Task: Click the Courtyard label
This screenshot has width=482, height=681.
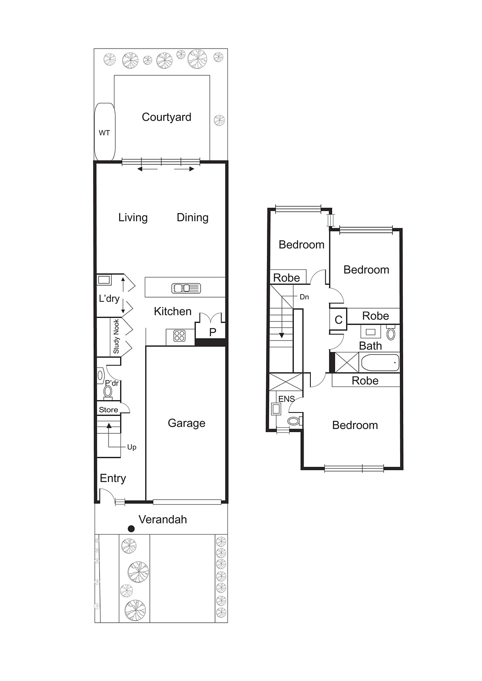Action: (x=166, y=117)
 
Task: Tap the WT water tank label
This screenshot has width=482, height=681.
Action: (x=104, y=133)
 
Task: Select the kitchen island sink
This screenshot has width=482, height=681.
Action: (x=186, y=288)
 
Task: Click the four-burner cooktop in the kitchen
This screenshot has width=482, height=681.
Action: (x=179, y=336)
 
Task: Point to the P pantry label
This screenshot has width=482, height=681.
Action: (x=212, y=332)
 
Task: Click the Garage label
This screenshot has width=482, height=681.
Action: (x=186, y=423)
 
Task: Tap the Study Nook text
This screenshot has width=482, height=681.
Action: (x=116, y=337)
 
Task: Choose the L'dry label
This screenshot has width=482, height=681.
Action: (x=109, y=298)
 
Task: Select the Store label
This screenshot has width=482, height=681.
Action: (x=109, y=410)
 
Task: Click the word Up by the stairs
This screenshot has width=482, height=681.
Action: (x=132, y=447)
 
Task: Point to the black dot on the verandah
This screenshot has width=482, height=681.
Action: (x=131, y=529)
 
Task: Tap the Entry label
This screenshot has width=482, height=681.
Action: (x=113, y=478)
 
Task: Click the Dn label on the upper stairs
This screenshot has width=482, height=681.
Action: (x=304, y=297)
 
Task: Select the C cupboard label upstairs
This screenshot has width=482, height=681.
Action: (x=339, y=320)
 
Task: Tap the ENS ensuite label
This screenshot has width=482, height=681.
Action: (x=286, y=399)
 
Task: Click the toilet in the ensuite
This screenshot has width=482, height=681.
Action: (x=294, y=421)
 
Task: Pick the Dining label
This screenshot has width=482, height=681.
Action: (x=192, y=217)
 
